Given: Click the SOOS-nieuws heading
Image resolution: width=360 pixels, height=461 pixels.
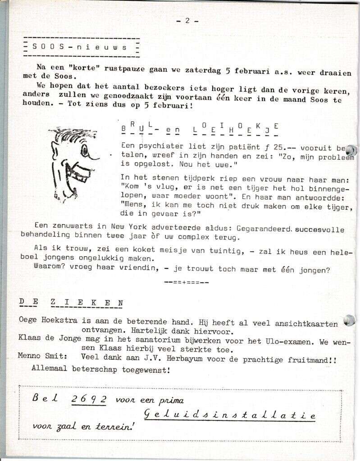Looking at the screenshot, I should coord(80,47).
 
